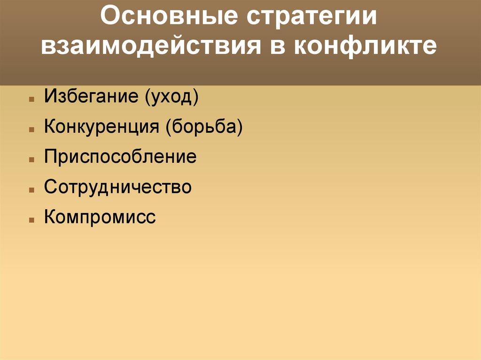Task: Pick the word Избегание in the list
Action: pos(91,97)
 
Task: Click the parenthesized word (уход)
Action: pos(172,98)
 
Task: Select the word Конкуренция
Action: pos(101,127)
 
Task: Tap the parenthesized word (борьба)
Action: pos(203,127)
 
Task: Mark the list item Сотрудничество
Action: pos(118,187)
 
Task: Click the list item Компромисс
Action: pos(100,217)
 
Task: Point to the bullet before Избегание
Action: pos(31,100)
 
